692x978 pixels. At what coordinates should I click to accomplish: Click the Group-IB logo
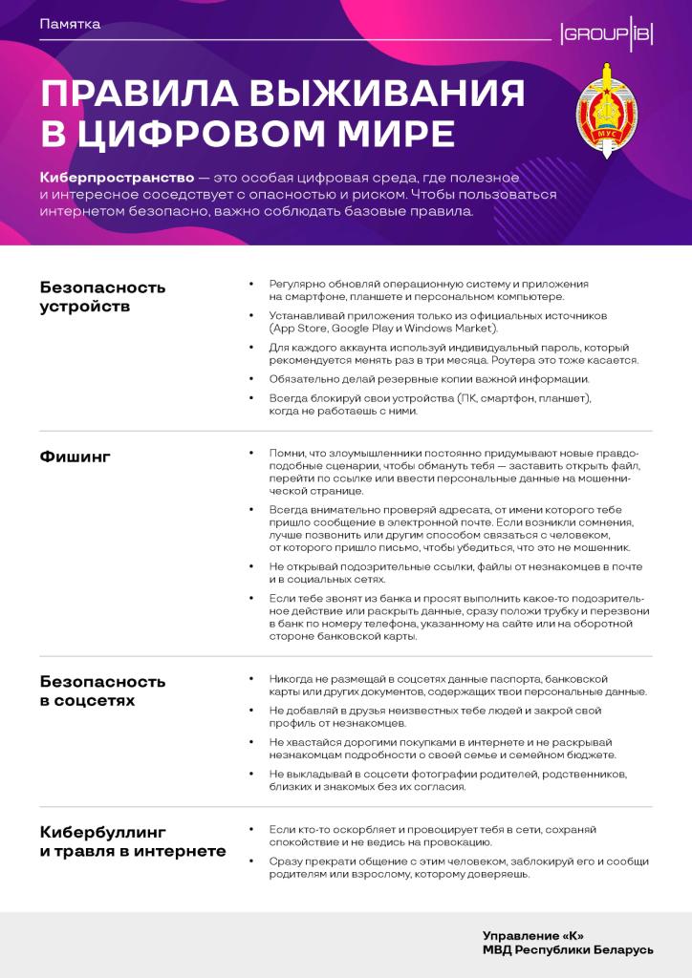coord(606,35)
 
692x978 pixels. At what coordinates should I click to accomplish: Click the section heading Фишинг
coord(76,457)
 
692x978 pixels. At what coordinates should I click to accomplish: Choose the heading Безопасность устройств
coord(102,296)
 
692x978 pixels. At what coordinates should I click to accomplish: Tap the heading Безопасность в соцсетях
coord(102,691)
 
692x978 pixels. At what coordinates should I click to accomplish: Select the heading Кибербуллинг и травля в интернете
coord(132,840)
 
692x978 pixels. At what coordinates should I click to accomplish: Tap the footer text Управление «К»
coord(532,935)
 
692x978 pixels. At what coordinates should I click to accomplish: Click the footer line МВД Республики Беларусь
coord(568,950)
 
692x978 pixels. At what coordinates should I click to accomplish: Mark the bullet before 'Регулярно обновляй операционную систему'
coord(250,285)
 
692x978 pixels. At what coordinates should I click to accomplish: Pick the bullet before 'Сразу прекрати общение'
coord(250,861)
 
